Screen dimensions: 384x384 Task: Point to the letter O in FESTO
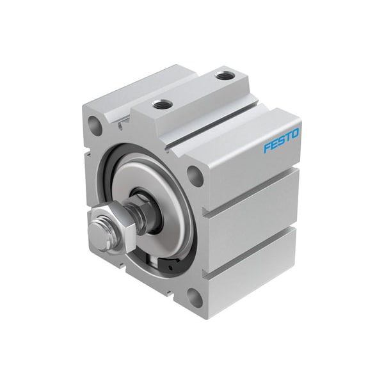[x=295, y=134]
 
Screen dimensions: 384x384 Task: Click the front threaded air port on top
[x=161, y=104]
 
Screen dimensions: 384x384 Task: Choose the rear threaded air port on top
[x=223, y=76]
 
